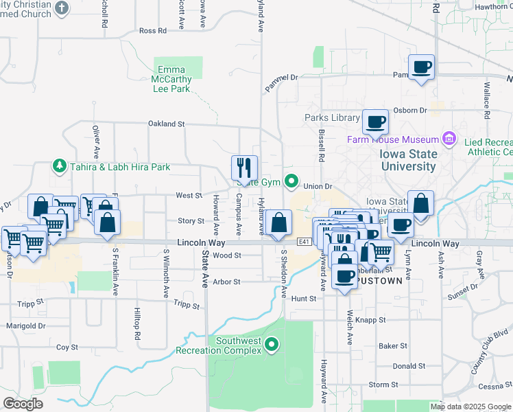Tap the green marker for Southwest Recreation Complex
point(272,345)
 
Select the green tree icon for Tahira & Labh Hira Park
point(60,166)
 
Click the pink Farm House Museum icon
point(449,139)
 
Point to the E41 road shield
point(305,242)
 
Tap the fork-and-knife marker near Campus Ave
point(244,168)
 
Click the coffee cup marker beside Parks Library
point(375,122)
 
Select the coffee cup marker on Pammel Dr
point(421,67)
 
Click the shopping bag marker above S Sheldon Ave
point(278,222)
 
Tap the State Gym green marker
point(291,182)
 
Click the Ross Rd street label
point(152,31)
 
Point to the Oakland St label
point(167,124)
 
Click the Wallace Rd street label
point(486,102)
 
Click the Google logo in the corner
point(23,404)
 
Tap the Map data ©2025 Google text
point(470,407)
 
